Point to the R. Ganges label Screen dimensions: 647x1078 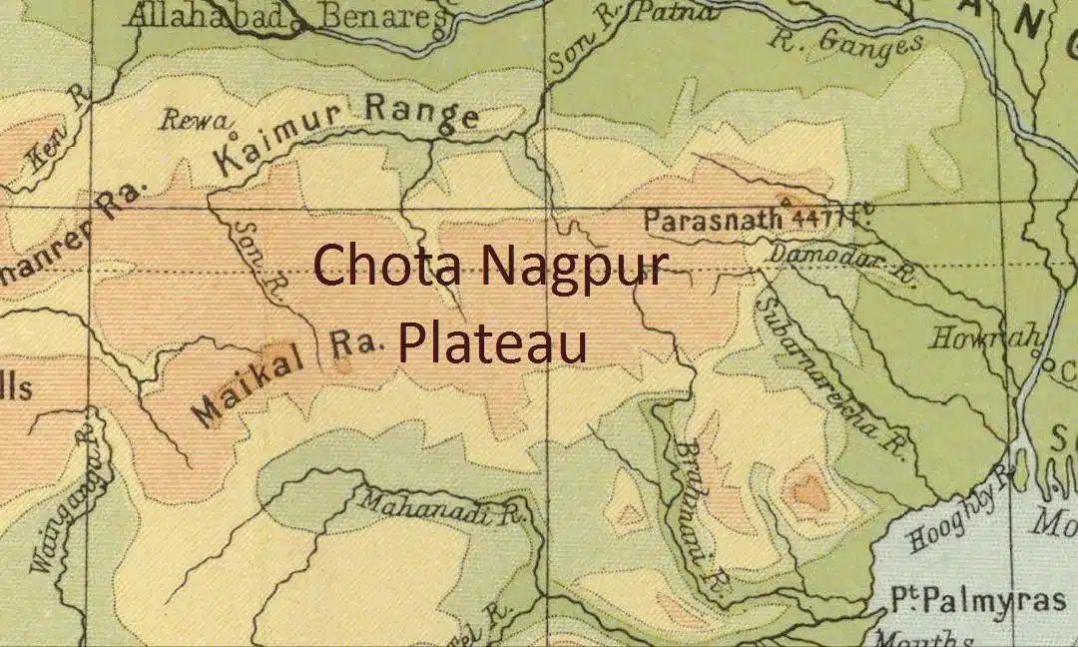pos(844,44)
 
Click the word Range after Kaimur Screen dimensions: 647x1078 pos(421,111)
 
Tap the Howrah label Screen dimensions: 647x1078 pos(984,337)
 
